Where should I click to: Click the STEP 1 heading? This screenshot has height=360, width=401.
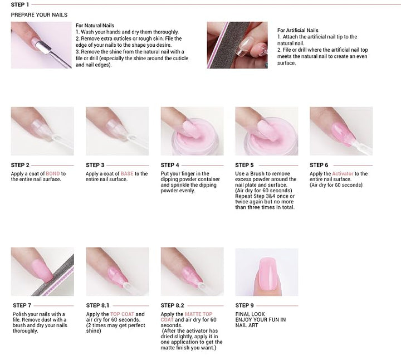point(20,4)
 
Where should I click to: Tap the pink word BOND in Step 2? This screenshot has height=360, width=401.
point(53,174)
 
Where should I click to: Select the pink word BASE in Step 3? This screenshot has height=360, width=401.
point(128,174)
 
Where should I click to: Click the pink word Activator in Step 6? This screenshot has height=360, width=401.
point(343,174)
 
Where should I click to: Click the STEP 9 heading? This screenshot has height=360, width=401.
point(244,305)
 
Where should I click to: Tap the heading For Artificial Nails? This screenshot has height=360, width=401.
point(297,30)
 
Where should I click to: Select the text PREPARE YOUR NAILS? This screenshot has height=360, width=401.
point(39,14)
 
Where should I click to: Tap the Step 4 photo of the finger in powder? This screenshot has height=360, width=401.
point(192,132)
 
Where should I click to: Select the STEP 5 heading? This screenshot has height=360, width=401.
point(244,165)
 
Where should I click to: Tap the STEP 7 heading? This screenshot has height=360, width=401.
point(21,305)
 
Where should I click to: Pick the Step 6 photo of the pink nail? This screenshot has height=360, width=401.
point(341,132)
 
